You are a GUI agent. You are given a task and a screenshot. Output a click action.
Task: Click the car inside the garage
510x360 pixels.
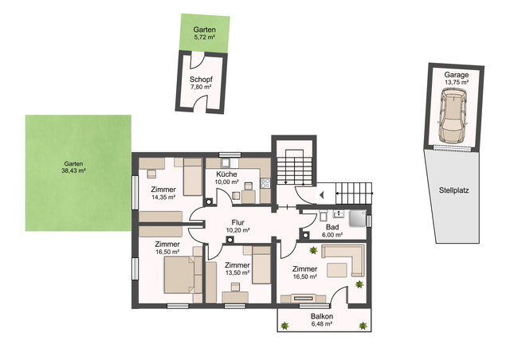pos(453,115)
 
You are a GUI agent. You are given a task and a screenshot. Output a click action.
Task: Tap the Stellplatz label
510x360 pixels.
pos(453,190)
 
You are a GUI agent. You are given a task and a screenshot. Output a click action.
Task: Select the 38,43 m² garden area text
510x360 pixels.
pos(73,170)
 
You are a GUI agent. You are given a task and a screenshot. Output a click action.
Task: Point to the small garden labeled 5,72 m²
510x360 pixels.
pos(205,33)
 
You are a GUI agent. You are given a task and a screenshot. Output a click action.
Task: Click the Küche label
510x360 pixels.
pos(226,174)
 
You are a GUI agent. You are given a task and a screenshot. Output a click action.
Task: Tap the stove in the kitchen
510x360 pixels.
pos(265,183)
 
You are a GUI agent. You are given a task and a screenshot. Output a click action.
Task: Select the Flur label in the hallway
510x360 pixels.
pos(237,223)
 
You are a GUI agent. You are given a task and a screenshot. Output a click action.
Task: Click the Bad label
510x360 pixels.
pos(332,227)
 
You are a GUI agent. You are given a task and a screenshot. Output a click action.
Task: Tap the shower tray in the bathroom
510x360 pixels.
pos(358,218)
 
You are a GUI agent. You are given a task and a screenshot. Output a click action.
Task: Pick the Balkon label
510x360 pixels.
pos(322,316)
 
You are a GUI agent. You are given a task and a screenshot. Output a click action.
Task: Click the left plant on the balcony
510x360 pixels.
pos(284,325)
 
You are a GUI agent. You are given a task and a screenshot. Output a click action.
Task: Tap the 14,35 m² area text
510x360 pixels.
pos(163,197)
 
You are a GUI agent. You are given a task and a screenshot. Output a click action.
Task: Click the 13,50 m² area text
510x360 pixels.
pos(237,272)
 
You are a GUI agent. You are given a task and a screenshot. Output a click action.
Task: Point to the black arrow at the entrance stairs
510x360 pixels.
pos(322,195)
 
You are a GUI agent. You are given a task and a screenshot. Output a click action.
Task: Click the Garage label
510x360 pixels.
pos(457,75)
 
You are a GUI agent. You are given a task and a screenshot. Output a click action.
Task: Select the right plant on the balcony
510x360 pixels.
pos(363,325)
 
